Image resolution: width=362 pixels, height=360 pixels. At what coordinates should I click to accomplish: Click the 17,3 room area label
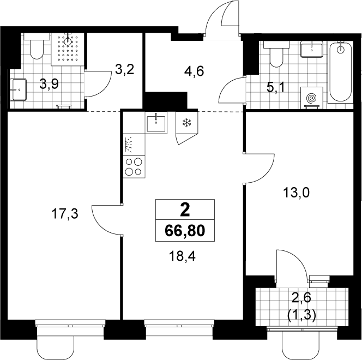[x=65, y=214]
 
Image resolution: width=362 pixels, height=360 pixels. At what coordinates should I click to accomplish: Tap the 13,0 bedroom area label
[x=297, y=193]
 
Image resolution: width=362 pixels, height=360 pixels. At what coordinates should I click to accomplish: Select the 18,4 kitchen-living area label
[x=182, y=256]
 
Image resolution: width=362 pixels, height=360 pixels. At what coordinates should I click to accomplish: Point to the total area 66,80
[x=185, y=231]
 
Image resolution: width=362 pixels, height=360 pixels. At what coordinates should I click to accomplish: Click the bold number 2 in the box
[x=185, y=211]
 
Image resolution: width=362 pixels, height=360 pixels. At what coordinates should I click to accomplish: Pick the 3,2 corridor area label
[x=125, y=69]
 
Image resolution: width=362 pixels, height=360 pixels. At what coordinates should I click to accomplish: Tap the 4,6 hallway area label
[x=194, y=71]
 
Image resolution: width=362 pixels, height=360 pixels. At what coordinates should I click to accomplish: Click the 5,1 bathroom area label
[x=276, y=87]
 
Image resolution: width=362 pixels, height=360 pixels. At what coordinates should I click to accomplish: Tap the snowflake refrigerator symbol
[x=186, y=122]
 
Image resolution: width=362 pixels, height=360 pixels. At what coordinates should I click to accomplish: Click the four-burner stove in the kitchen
[x=134, y=167]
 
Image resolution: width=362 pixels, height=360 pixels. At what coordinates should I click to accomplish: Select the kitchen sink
[x=156, y=123]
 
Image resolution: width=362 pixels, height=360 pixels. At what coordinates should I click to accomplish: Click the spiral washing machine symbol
[x=311, y=98]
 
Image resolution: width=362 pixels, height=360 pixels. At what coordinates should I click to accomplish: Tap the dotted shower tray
[x=68, y=49]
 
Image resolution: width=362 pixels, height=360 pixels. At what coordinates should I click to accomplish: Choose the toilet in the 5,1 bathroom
[x=276, y=54]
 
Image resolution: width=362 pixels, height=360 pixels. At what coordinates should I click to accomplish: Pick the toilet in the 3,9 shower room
[x=37, y=46]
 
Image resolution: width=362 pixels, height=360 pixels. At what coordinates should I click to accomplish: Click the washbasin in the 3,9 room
[x=19, y=89]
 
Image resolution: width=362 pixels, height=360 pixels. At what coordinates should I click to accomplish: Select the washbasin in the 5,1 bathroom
[x=312, y=49]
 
